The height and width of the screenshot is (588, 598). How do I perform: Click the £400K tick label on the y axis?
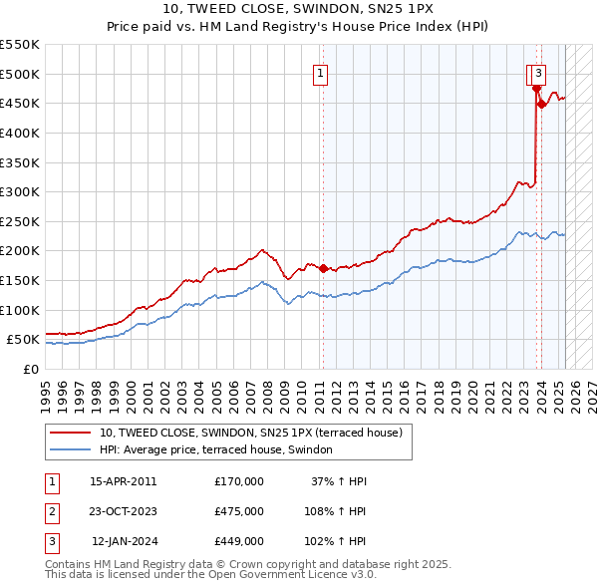(20, 133)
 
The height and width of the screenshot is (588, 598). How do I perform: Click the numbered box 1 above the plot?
(321, 72)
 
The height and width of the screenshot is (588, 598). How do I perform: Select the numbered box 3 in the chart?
(538, 72)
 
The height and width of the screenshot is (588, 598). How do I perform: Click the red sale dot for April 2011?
(323, 268)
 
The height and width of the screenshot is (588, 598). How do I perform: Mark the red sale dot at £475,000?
(536, 89)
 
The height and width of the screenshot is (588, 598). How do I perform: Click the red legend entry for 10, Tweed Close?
(250, 433)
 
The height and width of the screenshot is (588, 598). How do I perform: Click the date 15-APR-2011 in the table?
(124, 481)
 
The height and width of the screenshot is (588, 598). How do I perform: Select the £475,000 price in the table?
(239, 511)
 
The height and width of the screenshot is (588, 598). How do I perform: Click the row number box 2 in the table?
(50, 511)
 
